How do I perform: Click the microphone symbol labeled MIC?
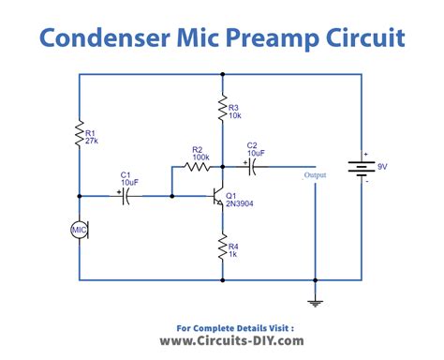pos(79,229)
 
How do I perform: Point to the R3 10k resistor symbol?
pos(222,110)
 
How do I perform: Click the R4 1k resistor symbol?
pos(222,248)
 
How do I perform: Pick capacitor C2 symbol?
pos(252,167)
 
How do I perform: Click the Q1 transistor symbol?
pos(218,197)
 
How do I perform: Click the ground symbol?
pos(315,301)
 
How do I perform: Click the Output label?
pos(316,173)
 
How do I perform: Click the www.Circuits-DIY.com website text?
pos(221,342)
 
